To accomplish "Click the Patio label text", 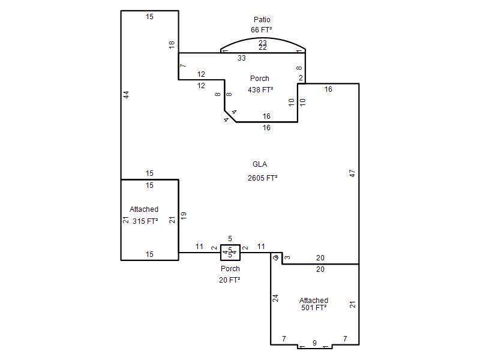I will (262, 20).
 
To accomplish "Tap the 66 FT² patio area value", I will (262, 29).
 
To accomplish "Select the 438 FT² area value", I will (260, 89).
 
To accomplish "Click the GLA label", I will (260, 164).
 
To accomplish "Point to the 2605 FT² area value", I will (262, 178).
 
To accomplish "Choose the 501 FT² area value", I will (314, 308).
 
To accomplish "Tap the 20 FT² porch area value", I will (230, 280).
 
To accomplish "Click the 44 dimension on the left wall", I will (126, 95).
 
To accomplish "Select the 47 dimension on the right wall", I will (353, 173).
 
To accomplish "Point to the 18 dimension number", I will (172, 44).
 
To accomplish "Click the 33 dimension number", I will (242, 58).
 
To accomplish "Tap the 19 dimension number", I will (184, 214).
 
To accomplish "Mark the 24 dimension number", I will (276, 297).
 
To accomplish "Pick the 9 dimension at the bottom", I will (314, 343).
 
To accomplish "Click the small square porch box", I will (230, 253).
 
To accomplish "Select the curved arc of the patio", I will (263, 38).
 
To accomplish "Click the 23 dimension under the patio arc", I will (263, 43).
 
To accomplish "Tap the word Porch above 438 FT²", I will (260, 79).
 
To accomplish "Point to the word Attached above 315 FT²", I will (144, 209).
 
